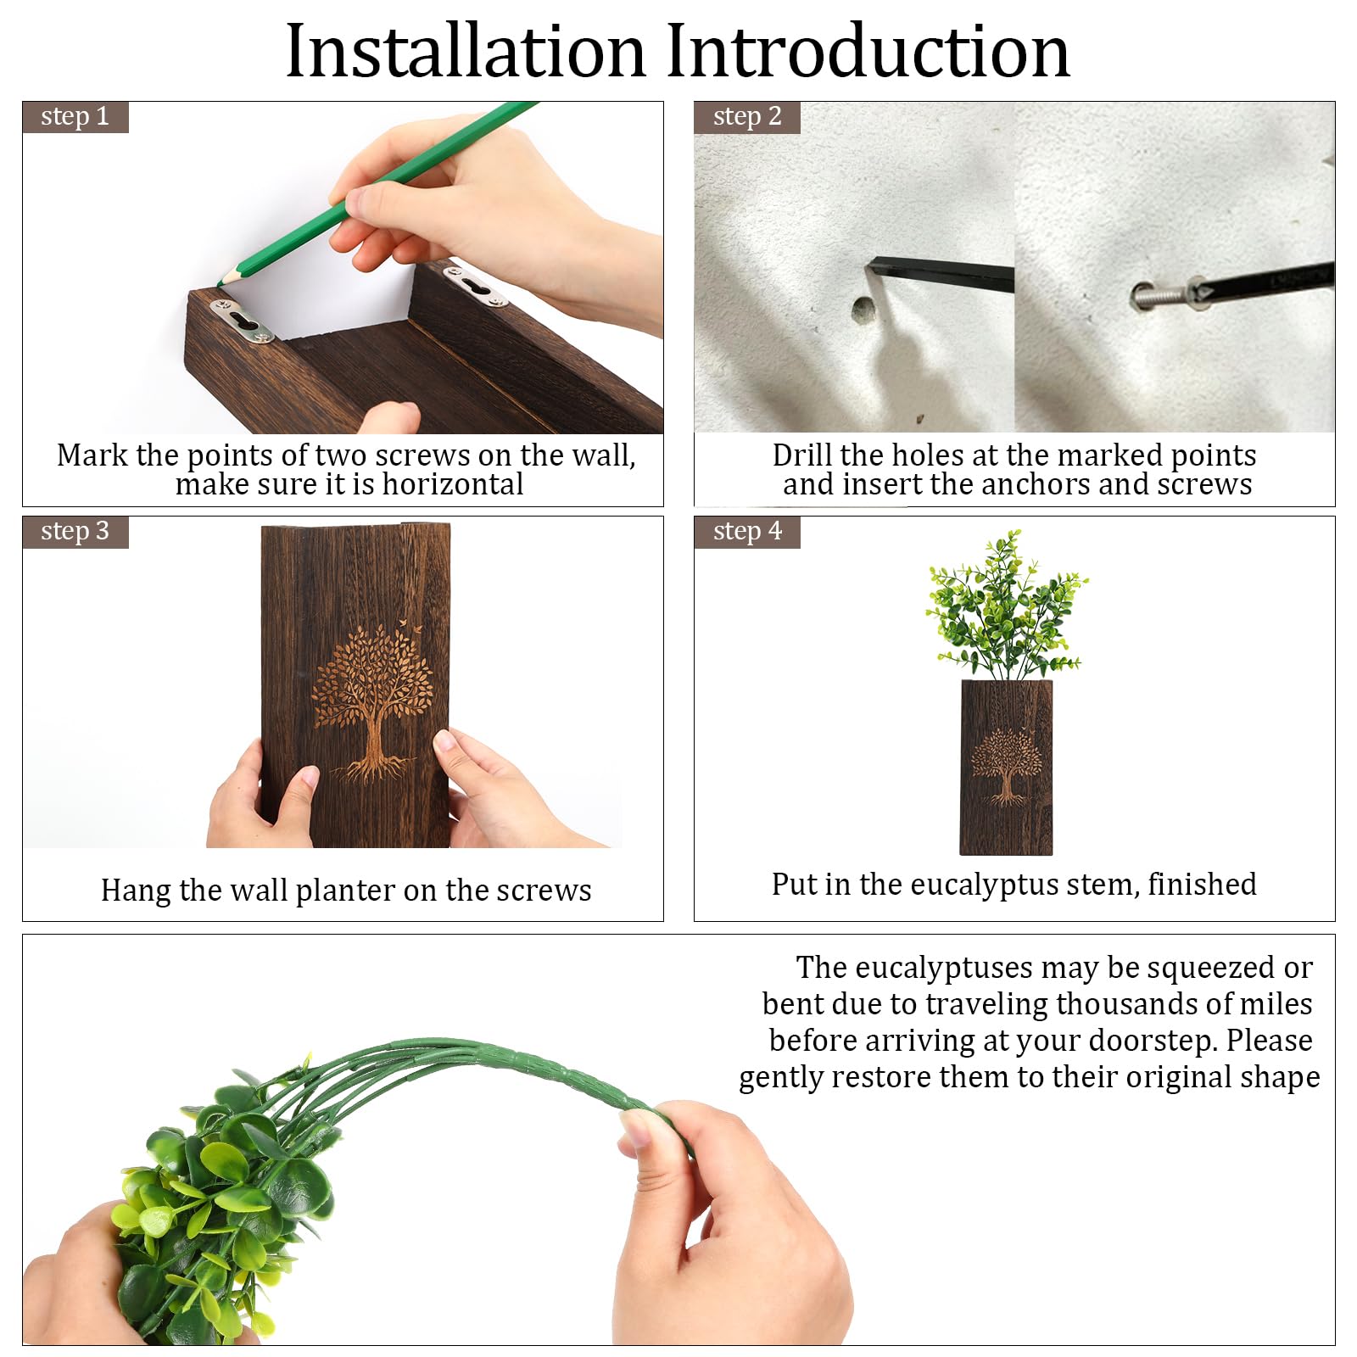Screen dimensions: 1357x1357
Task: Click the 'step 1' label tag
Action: pyautogui.click(x=75, y=117)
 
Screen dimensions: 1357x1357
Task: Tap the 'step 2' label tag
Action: pyautogui.click(x=747, y=117)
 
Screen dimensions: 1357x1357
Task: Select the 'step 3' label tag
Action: pyautogui.click(x=75, y=532)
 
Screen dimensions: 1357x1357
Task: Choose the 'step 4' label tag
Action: pyautogui.click(x=747, y=532)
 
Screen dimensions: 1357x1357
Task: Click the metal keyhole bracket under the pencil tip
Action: pyautogui.click(x=243, y=322)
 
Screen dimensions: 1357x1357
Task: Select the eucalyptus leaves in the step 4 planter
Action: pyautogui.click(x=1007, y=605)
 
